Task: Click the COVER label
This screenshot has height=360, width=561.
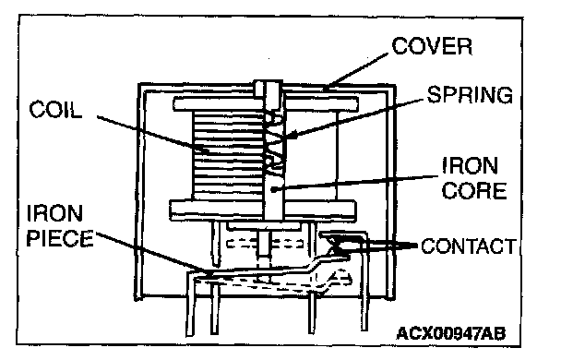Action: coord(432,46)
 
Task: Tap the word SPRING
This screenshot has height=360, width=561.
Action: coord(470,95)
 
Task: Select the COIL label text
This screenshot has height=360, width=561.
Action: coord(55,109)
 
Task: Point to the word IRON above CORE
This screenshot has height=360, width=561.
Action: coord(471,165)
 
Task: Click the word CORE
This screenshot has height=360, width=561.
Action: coord(474,190)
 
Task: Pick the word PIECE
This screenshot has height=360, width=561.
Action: coord(60,238)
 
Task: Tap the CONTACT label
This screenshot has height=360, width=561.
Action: coord(469,246)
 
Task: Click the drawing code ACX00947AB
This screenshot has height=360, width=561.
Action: coord(451,333)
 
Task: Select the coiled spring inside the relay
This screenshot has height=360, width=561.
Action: coord(275,143)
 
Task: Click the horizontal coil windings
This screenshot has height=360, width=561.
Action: coord(229,154)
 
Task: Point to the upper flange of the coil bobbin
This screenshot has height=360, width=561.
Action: coord(266,103)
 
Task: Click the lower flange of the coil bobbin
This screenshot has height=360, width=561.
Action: coord(263,210)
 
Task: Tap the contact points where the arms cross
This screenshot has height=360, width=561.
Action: coord(337,245)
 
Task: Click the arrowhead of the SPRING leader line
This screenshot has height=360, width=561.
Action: coord(290,136)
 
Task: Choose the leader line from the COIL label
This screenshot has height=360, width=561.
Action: coord(153,135)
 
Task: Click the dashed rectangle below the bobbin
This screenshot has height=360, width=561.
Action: coord(265,244)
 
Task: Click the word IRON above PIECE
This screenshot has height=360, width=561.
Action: coord(54,213)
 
